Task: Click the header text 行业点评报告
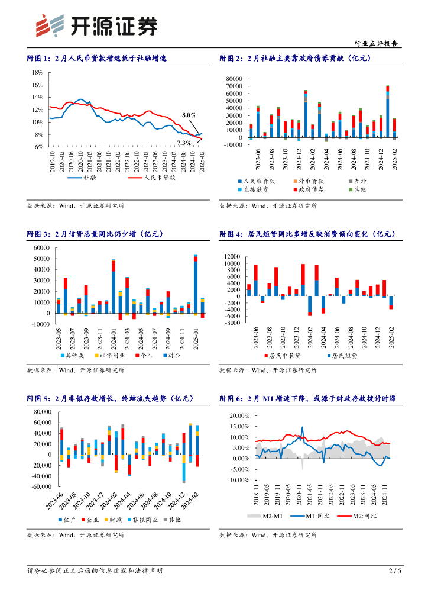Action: (375, 44)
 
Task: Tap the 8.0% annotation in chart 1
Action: (189, 115)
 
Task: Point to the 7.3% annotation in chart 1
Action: (184, 143)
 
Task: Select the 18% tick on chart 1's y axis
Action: (37, 72)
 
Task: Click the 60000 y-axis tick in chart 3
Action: (41, 248)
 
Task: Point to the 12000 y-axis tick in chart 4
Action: (232, 256)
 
